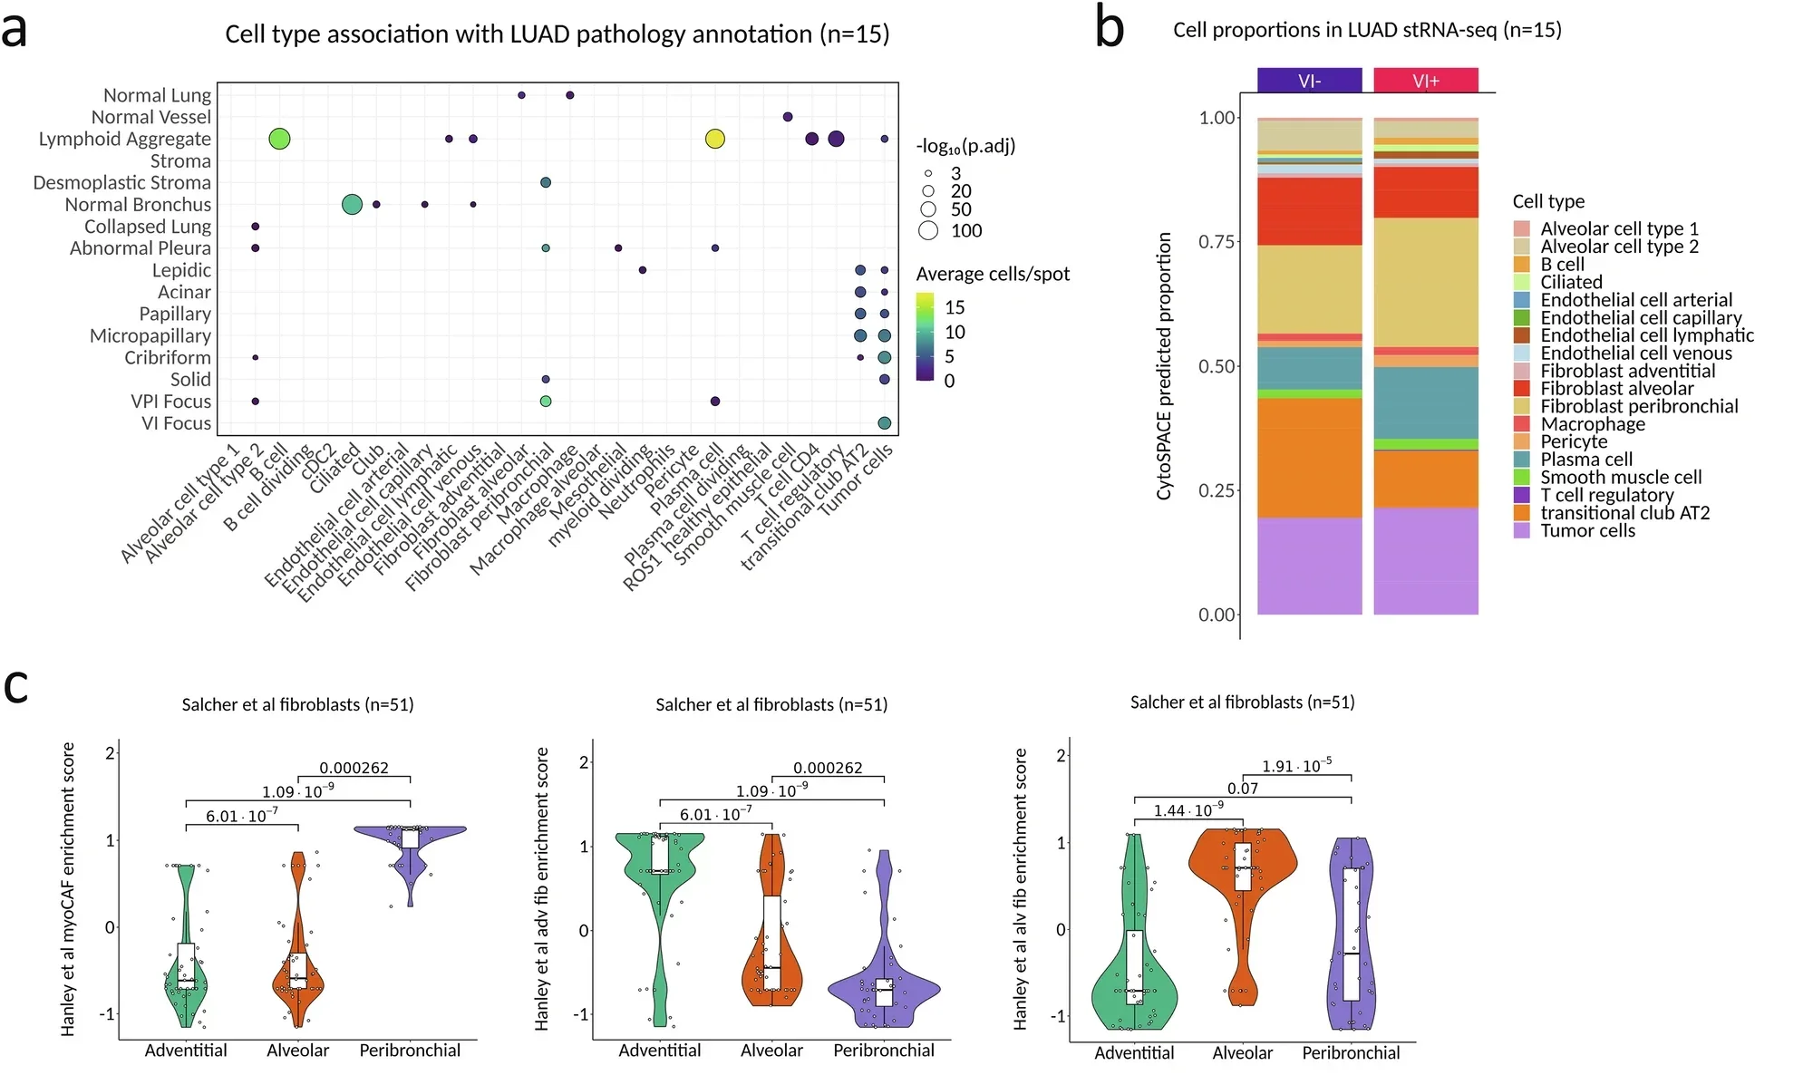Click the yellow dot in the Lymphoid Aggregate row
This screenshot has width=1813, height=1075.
click(x=714, y=139)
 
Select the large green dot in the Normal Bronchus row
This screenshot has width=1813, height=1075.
click(x=352, y=204)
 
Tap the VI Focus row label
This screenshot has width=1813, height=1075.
click(x=176, y=423)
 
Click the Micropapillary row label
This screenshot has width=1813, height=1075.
click(x=150, y=335)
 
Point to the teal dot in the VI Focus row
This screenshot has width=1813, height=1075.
click(x=884, y=422)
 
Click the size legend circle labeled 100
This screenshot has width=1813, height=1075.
click(x=927, y=230)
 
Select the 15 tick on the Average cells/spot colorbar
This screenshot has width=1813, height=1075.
click(x=954, y=307)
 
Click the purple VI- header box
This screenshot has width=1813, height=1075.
click(x=1309, y=81)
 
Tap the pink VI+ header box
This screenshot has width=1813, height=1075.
click(x=1425, y=81)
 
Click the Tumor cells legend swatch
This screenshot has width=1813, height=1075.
click(x=1521, y=530)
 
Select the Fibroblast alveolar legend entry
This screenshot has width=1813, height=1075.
click(x=1616, y=388)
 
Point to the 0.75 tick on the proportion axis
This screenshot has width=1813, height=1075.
click(x=1217, y=241)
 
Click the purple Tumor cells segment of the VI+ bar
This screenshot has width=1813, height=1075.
click(x=1425, y=562)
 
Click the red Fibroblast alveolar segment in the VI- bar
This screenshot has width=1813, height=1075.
click(x=1309, y=211)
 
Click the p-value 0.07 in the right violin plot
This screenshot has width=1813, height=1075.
click(x=1242, y=788)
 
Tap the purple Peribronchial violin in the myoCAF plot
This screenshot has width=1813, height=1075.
click(x=410, y=838)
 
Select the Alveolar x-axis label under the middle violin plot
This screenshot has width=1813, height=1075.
click(x=771, y=1051)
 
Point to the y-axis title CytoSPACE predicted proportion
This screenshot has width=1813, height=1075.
click(x=1164, y=366)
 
